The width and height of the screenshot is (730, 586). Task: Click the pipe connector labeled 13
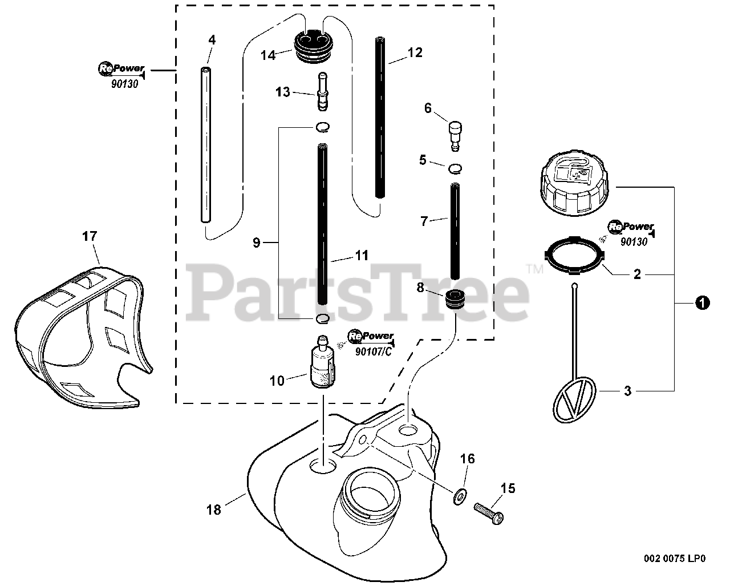tap(322, 92)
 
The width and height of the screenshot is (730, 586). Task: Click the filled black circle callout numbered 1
tap(703, 304)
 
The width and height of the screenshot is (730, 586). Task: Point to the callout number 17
tap(90, 236)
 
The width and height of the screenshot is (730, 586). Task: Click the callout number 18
tap(214, 509)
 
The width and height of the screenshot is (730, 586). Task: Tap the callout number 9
tap(257, 243)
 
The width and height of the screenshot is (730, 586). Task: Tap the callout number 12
tap(415, 52)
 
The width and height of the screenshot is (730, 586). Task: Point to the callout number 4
tap(212, 40)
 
